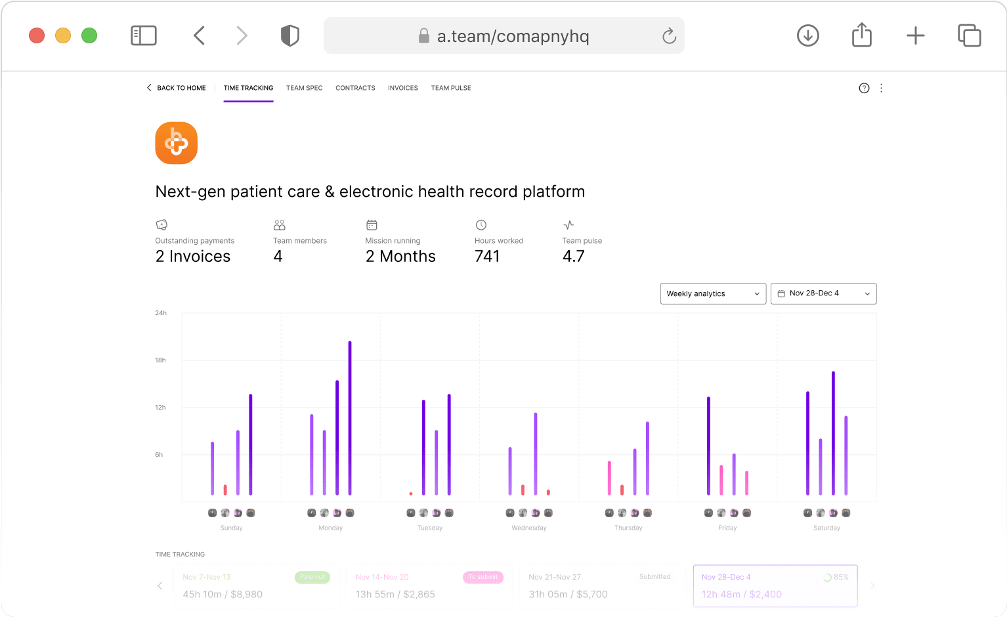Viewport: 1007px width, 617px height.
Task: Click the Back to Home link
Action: pyautogui.click(x=177, y=88)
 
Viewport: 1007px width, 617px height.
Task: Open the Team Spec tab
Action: pyautogui.click(x=304, y=88)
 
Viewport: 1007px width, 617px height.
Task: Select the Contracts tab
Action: pyautogui.click(x=355, y=88)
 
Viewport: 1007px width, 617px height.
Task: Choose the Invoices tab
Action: pyautogui.click(x=402, y=88)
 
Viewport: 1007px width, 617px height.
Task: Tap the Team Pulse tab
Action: pyautogui.click(x=451, y=88)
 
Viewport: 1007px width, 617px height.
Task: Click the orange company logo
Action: pyautogui.click(x=176, y=143)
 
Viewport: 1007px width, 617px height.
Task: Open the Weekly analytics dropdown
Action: pyautogui.click(x=712, y=293)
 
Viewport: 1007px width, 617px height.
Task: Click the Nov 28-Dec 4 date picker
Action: pyautogui.click(x=823, y=293)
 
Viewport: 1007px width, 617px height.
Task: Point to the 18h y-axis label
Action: pyautogui.click(x=160, y=360)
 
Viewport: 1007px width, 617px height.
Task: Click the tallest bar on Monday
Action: pyautogui.click(x=350, y=418)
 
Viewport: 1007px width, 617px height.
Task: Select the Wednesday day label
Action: pyautogui.click(x=529, y=528)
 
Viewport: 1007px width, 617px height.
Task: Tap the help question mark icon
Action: pyautogui.click(x=864, y=88)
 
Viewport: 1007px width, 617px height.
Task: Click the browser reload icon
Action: pyautogui.click(x=669, y=36)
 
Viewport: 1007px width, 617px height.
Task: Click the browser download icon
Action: pyautogui.click(x=807, y=35)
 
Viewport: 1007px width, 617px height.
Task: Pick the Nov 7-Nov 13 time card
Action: pyautogui.click(x=256, y=585)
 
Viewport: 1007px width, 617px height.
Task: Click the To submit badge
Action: pyautogui.click(x=483, y=577)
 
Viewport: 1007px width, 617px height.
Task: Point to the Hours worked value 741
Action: pyautogui.click(x=487, y=256)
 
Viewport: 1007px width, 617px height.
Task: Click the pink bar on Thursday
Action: pyautogui.click(x=609, y=478)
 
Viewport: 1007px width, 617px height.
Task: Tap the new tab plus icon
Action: pyautogui.click(x=915, y=35)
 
